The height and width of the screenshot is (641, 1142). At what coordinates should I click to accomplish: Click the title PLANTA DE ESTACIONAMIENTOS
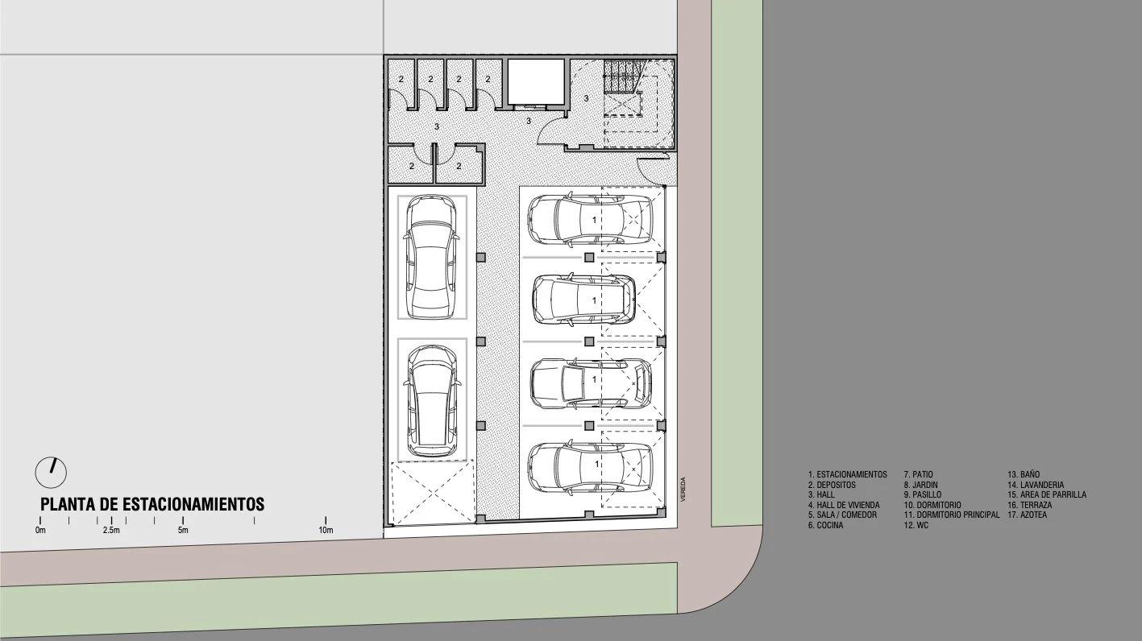click(152, 504)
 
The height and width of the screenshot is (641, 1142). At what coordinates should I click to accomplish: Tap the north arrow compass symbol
click(51, 472)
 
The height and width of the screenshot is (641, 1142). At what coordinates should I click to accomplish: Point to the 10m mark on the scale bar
click(326, 530)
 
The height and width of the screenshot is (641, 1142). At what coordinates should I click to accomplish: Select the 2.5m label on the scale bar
click(111, 530)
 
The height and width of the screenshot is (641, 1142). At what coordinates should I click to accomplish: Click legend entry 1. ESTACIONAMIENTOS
click(847, 474)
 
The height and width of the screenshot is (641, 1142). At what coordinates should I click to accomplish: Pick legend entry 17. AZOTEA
click(1028, 515)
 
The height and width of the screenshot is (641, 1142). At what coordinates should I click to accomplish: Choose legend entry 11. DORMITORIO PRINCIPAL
click(952, 515)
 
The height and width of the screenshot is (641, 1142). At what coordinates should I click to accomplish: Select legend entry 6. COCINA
click(825, 525)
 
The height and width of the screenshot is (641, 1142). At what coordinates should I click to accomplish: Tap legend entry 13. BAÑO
click(1024, 474)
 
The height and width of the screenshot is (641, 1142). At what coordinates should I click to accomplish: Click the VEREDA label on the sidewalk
click(683, 489)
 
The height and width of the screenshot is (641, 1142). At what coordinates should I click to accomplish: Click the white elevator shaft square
click(536, 81)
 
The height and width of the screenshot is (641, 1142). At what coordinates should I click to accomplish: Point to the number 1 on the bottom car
click(597, 464)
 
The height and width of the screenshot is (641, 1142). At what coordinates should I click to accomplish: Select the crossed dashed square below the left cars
click(432, 492)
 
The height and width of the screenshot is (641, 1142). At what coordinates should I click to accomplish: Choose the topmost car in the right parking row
click(591, 220)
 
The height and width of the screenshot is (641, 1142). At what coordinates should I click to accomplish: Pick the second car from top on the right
click(584, 300)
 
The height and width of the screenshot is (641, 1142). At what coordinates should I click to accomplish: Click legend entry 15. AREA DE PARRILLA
click(1047, 494)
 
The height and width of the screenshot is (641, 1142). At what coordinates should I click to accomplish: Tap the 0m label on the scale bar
click(40, 530)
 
